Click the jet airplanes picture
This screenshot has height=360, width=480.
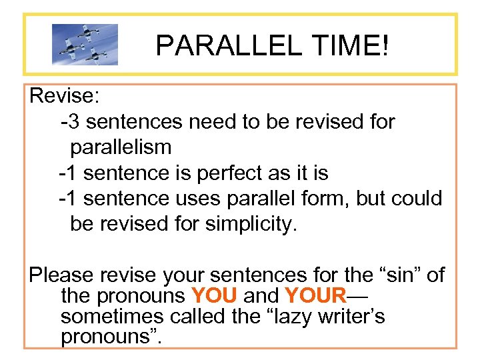coord(85,45)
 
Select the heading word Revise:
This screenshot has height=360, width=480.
coord(65,96)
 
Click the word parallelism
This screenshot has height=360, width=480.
coord(121,147)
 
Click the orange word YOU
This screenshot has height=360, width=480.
coord(213,295)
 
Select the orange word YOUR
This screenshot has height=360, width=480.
coord(315,295)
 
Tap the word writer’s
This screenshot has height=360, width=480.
coord(347,316)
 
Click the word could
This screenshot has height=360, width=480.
coord(417,199)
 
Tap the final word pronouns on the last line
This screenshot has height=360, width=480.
coord(107,337)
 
